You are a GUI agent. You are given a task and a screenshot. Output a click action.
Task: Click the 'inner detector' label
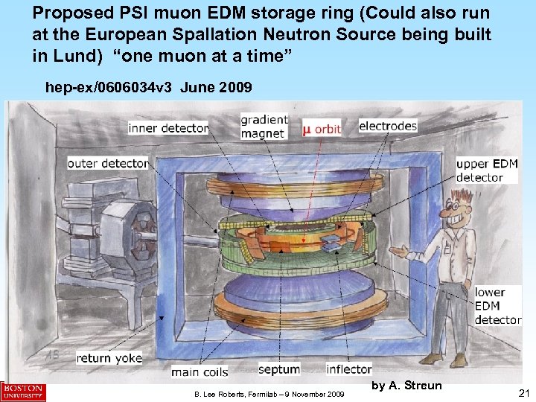coord(168,128)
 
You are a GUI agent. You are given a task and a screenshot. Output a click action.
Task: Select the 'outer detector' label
coord(108,163)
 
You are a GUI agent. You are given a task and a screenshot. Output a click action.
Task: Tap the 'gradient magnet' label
coord(263,127)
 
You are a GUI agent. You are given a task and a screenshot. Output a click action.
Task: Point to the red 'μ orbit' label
coord(322,129)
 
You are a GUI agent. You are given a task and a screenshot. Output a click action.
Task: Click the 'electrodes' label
coord(388,126)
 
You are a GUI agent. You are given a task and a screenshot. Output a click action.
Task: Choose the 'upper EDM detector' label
coord(486,170)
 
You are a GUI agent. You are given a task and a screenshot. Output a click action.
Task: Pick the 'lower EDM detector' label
coord(497,305)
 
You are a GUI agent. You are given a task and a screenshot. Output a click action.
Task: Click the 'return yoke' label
coord(109,358)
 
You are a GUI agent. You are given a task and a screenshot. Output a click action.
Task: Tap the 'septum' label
coord(279,369)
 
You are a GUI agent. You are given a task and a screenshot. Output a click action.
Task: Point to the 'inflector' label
coord(349,369)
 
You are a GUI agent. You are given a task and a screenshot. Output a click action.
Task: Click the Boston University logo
coord(23,392)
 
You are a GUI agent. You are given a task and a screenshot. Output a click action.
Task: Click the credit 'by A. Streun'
coord(406,385)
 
